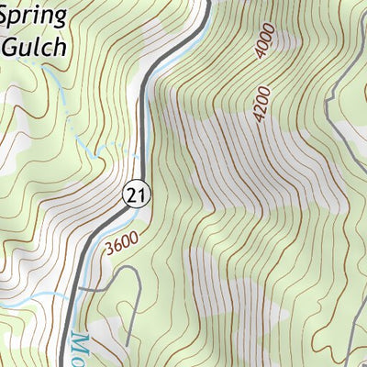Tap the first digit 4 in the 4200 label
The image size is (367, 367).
tap(263, 121)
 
